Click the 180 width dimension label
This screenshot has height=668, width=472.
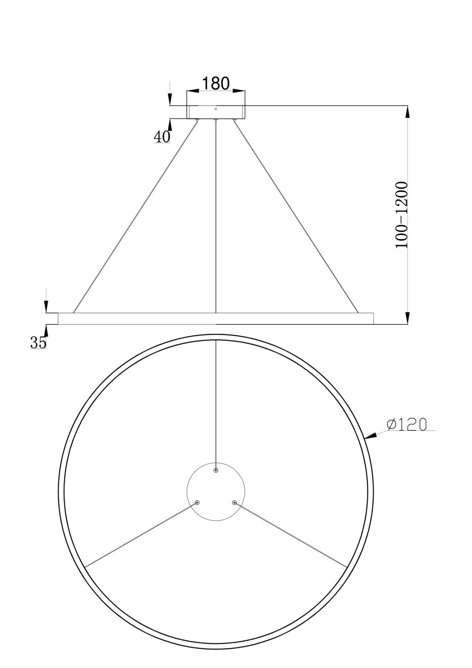pos(216,83)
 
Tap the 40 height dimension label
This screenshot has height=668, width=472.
pos(162,137)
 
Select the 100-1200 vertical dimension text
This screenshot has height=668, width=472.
pos(401,215)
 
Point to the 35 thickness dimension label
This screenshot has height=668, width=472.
pos(38,342)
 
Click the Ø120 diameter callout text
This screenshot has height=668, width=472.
pos(407,425)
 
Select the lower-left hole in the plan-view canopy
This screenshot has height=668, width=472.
pos(197,502)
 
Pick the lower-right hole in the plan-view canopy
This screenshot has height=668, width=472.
pos(234,502)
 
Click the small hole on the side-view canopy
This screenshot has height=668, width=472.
pos(216,109)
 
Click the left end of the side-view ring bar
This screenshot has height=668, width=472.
pos(59,318)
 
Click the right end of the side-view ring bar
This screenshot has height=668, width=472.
pos(373,318)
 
